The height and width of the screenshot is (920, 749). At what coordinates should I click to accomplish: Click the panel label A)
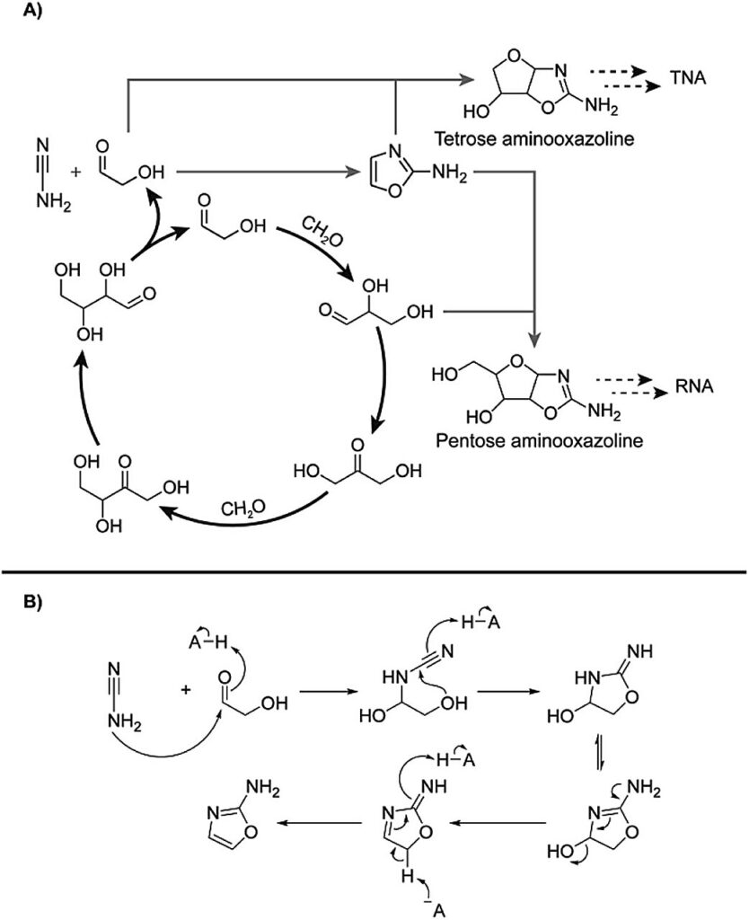click(33, 11)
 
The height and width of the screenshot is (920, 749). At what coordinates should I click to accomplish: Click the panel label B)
click(33, 603)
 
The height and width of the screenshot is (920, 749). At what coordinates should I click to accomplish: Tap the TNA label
click(687, 77)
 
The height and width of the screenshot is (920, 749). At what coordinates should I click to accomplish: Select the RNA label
click(694, 385)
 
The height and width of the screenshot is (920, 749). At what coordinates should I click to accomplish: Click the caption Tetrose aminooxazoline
click(533, 138)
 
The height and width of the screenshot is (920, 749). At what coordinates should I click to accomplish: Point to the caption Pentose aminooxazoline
click(539, 439)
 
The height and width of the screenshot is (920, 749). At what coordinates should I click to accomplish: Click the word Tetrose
click(465, 138)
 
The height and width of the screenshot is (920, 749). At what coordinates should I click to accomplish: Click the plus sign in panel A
click(75, 172)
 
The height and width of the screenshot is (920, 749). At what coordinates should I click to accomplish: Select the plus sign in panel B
click(186, 690)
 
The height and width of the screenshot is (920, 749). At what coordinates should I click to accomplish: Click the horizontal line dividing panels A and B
click(374, 571)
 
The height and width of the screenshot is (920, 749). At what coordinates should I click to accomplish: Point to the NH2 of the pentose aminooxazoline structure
click(604, 411)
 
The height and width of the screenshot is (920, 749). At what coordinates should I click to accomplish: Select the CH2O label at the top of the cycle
click(322, 231)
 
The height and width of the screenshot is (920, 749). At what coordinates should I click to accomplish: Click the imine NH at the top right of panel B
click(639, 651)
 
